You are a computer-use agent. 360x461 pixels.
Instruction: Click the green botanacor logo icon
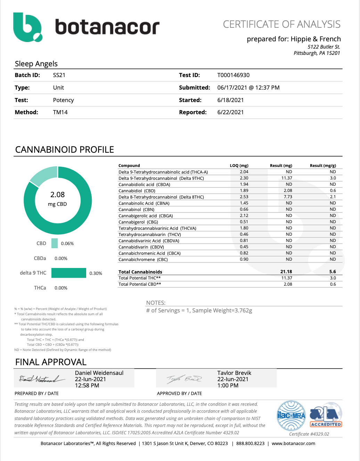click(x=27, y=27)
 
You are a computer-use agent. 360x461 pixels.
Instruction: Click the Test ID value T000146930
click(x=233, y=75)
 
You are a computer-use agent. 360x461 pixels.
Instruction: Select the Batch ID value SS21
click(x=59, y=75)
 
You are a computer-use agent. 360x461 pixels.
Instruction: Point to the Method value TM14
click(x=60, y=112)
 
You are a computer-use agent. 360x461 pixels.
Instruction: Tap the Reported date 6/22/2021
click(x=230, y=112)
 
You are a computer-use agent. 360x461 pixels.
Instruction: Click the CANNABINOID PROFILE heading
click(x=65, y=150)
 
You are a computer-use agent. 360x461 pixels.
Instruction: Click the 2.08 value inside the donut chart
click(x=57, y=195)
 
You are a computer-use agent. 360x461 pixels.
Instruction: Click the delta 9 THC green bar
click(x=68, y=273)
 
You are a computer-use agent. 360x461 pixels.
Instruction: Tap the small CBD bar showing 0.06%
click(x=55, y=243)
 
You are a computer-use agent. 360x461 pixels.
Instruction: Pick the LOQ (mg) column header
click(x=239, y=166)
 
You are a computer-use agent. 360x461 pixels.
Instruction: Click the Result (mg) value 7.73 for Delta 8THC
click(x=288, y=197)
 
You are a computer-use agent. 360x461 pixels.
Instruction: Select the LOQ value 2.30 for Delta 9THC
click(x=244, y=178)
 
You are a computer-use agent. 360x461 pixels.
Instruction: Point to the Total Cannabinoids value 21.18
click(x=286, y=272)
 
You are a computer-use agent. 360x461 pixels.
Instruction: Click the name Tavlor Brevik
click(x=234, y=373)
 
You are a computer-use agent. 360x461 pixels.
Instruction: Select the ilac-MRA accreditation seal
click(x=291, y=415)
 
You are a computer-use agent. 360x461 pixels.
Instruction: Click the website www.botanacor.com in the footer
click(x=293, y=443)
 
